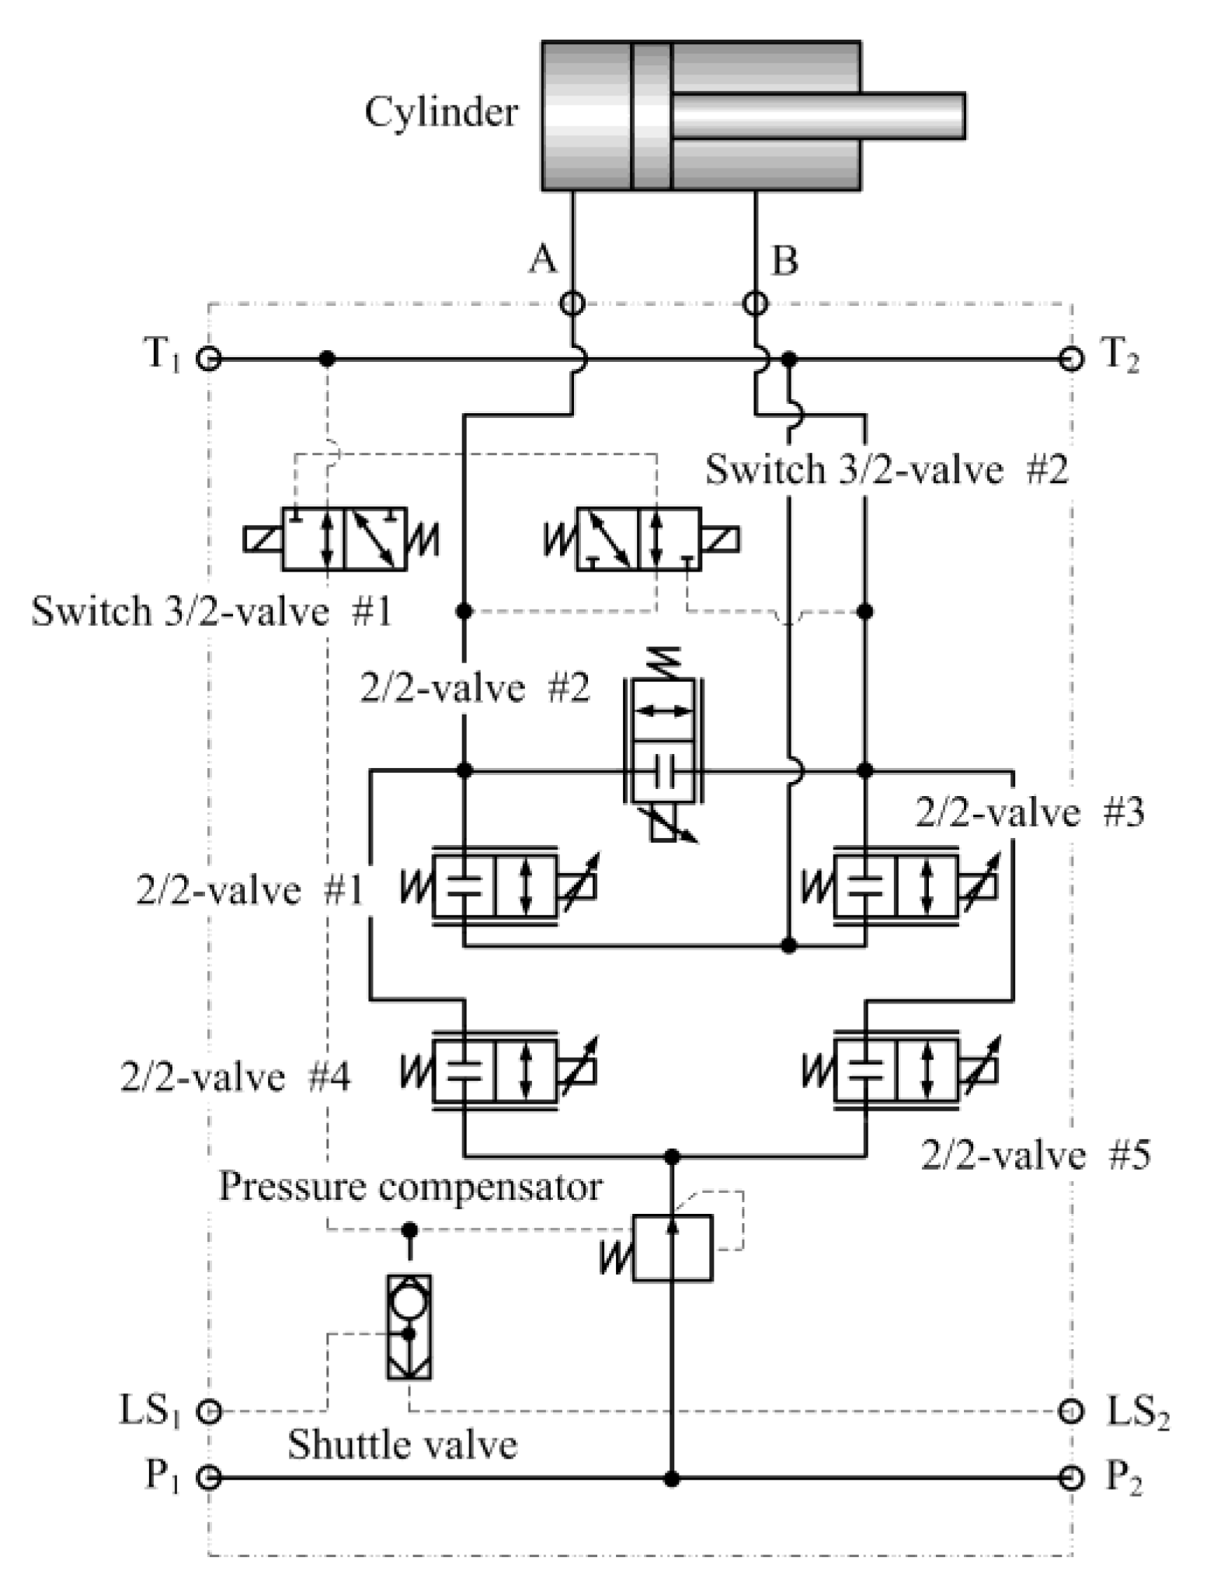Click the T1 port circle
click(x=208, y=359)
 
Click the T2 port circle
click(x=1071, y=359)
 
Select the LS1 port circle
click(x=208, y=1410)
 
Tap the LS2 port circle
click(x=1071, y=1410)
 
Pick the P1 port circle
click(x=208, y=1477)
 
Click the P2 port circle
click(x=1071, y=1477)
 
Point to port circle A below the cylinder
click(x=572, y=303)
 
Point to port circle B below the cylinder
click(x=756, y=303)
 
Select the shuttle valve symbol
click(x=409, y=1326)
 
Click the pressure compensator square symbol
click(x=672, y=1248)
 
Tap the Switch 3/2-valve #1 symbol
click(x=343, y=539)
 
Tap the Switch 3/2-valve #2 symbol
click(x=638, y=539)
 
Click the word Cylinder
click(x=441, y=113)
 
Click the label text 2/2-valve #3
click(x=1029, y=813)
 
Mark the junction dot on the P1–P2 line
click(x=672, y=1477)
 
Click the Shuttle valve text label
click(x=402, y=1445)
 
